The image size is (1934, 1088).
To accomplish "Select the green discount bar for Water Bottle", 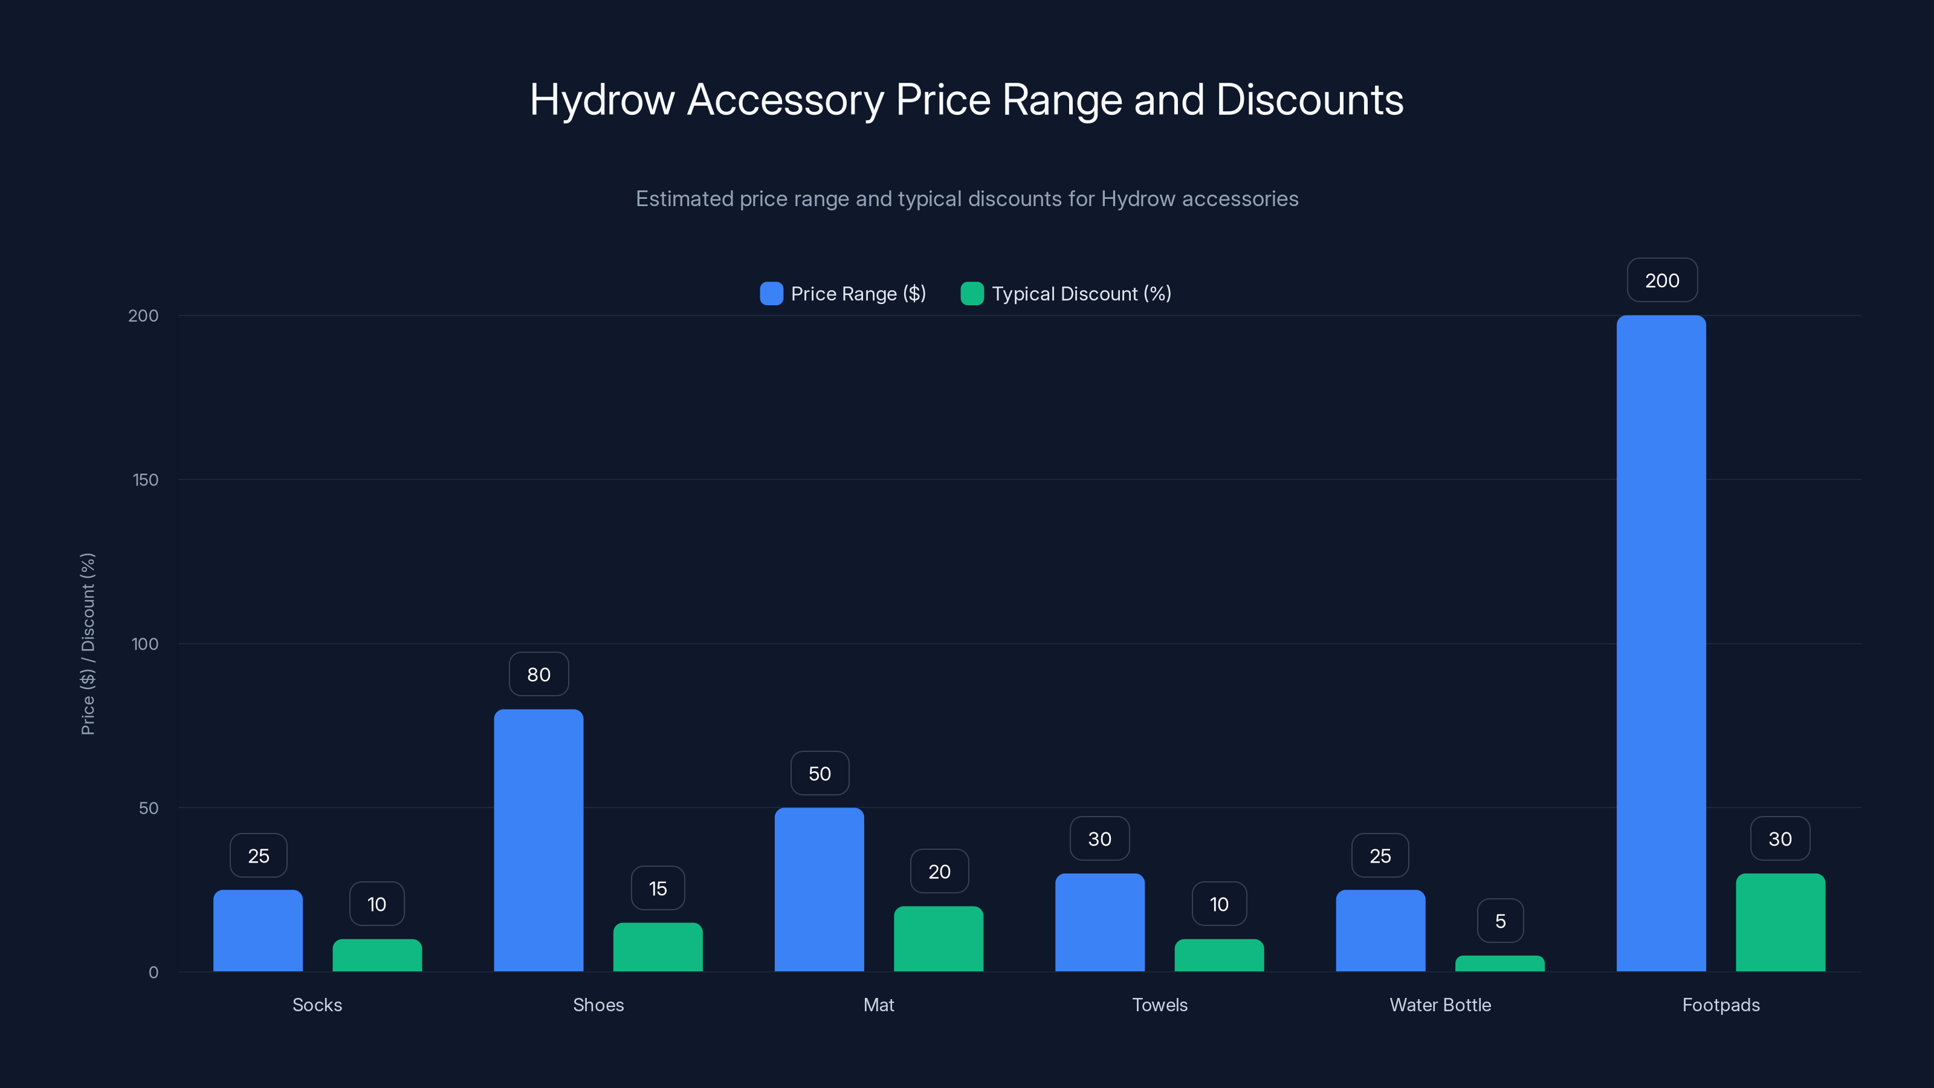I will tap(1499, 963).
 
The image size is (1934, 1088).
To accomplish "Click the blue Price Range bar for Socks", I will tap(257, 930).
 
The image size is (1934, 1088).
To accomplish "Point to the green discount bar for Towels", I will tap(1218, 955).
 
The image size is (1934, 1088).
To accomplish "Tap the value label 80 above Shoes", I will tap(538, 675).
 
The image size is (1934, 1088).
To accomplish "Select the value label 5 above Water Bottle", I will tap(1500, 921).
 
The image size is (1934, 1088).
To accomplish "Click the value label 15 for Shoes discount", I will tap(658, 889).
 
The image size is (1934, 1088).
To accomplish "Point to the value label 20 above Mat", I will tap(939, 871).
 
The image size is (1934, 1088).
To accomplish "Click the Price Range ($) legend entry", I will tap(843, 294).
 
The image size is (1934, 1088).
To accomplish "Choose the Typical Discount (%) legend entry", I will tap(1066, 294).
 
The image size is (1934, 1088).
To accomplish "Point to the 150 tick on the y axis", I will tap(146, 480).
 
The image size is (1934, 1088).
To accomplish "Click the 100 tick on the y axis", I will tap(145, 644).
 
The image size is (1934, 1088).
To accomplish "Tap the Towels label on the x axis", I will tap(1159, 1005).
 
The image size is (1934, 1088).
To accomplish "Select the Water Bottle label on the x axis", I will tap(1440, 1005).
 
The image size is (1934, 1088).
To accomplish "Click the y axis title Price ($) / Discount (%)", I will tap(88, 644).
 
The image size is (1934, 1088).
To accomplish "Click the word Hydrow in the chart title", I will tap(602, 100).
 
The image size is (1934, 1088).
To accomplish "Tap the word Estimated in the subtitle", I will tap(684, 199).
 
